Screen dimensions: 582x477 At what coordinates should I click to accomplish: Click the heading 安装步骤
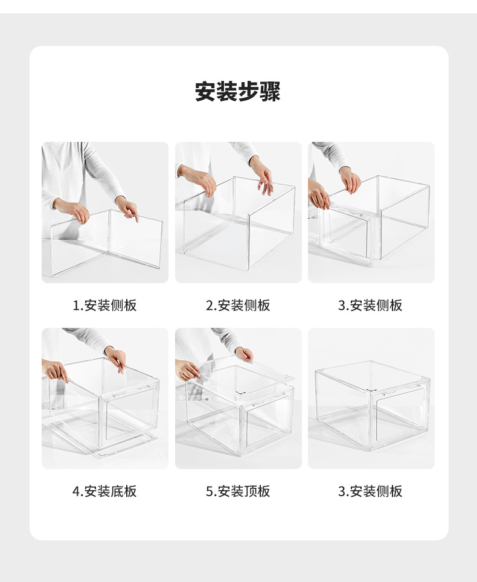pos(238,92)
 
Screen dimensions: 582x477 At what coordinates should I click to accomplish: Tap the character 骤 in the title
pos(271,92)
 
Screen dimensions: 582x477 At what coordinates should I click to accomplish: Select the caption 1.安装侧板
pos(105,305)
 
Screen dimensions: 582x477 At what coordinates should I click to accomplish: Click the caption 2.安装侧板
pos(238,305)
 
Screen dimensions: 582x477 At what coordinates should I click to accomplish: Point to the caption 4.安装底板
pos(105,491)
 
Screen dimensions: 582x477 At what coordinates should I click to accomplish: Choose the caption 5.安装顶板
pos(238,491)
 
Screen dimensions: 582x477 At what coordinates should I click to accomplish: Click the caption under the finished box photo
pos(370,491)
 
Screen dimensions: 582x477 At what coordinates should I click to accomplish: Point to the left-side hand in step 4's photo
pos(56,370)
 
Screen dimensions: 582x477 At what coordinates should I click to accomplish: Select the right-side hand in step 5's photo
pos(245,354)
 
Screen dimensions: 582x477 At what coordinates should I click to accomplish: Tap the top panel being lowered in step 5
pos(238,380)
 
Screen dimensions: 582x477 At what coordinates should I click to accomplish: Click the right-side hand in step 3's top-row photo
pos(350,179)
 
